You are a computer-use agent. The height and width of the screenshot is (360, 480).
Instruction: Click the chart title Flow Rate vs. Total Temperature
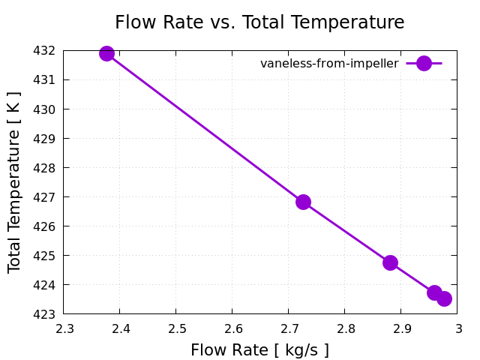coord(259,22)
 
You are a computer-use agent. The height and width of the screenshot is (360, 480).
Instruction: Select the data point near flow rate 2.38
coord(106,53)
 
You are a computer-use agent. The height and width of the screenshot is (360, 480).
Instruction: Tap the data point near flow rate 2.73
coord(303,202)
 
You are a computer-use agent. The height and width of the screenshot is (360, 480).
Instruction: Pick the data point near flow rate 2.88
coord(390,262)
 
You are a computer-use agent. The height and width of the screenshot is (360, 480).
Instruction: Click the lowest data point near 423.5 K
coord(444,298)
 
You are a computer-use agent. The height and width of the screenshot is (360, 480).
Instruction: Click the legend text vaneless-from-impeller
coord(329,64)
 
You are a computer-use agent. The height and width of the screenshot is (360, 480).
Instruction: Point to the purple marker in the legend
coord(424,64)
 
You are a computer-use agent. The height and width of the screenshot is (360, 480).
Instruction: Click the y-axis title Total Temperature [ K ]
coord(15,182)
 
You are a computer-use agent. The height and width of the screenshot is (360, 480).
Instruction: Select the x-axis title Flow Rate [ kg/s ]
coord(259,350)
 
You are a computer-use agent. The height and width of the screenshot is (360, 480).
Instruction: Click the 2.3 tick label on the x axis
coord(64,328)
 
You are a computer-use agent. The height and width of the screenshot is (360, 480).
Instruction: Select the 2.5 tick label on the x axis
coord(176,328)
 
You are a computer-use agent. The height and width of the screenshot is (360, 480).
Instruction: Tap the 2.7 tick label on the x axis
coord(289,328)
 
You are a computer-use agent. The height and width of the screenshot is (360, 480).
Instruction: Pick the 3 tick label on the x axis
coord(457,328)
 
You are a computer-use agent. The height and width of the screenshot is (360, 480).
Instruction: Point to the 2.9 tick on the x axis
coord(401,328)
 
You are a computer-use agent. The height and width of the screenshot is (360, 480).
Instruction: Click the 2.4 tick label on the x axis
coord(120,328)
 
